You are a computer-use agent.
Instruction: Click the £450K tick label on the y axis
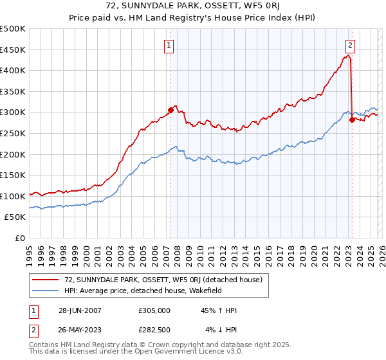[13, 50]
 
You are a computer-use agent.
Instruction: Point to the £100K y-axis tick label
[13, 196]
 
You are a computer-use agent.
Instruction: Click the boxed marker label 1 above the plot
[169, 45]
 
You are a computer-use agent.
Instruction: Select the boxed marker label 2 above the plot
[351, 45]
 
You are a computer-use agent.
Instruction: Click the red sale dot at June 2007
[171, 110]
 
